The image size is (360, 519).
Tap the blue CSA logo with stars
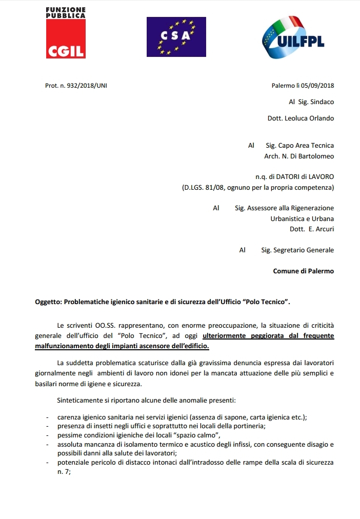[x=176, y=36]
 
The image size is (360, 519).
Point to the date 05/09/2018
[x=316, y=86]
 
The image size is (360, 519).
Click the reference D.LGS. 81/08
[x=202, y=188]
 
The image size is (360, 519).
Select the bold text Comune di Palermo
[x=303, y=271]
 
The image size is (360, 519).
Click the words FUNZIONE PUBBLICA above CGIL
[x=65, y=13]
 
